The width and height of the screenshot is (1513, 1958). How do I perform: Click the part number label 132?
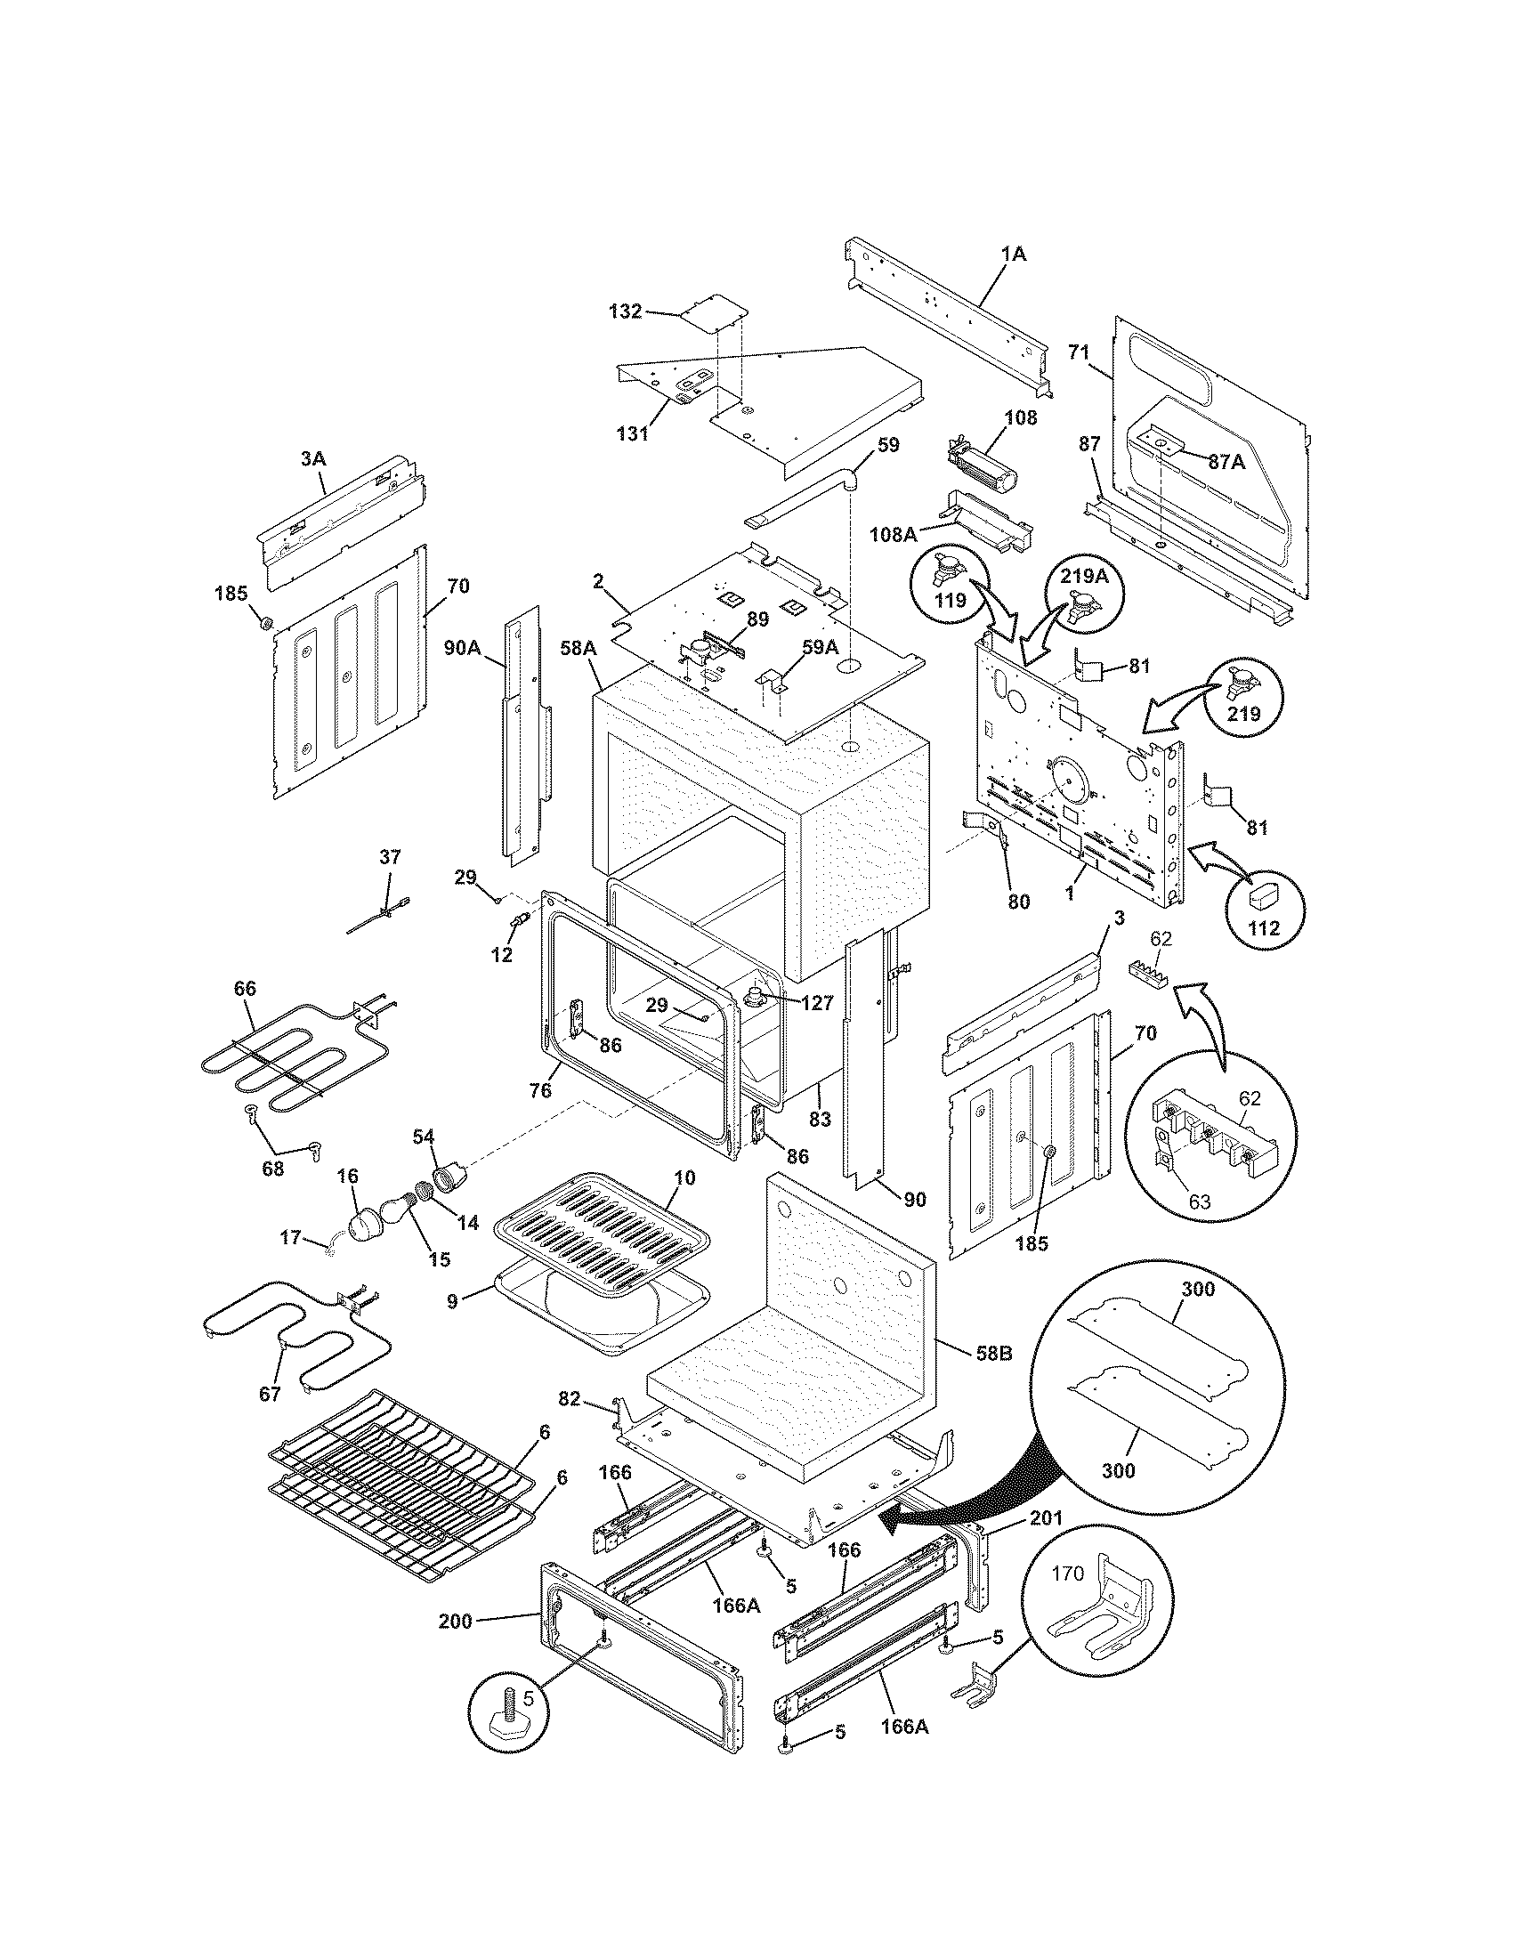(625, 311)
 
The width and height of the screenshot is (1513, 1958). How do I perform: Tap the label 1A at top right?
(1013, 255)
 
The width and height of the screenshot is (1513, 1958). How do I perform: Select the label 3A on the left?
(311, 458)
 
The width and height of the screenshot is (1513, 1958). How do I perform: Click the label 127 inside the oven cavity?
(816, 1004)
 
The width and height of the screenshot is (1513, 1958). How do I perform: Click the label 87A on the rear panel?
(1226, 462)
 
